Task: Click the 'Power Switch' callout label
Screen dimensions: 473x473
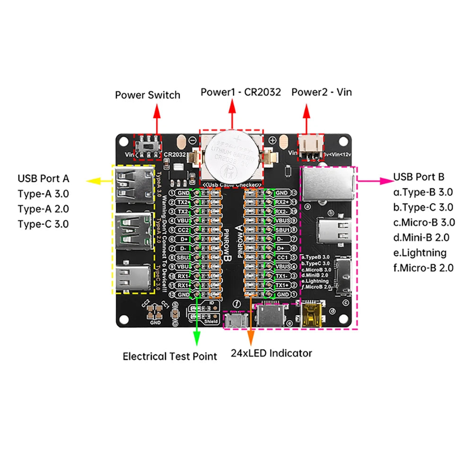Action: pyautogui.click(x=148, y=95)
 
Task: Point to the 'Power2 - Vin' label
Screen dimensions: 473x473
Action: pyautogui.click(x=322, y=92)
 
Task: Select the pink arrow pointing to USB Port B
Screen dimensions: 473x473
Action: pyautogui.click(x=373, y=180)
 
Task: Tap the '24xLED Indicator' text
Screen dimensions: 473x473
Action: pyautogui.click(x=272, y=353)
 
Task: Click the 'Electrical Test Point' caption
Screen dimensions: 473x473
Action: pyautogui.click(x=170, y=357)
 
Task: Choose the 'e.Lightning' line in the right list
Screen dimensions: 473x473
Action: pyautogui.click(x=420, y=253)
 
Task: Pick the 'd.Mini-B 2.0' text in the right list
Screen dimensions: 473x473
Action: pyautogui.click(x=421, y=237)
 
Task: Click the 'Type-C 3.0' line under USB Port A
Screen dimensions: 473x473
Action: pyautogui.click(x=43, y=223)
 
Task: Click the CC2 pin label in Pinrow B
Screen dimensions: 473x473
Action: pyautogui.click(x=183, y=230)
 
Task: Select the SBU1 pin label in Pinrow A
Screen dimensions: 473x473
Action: pyautogui.click(x=282, y=230)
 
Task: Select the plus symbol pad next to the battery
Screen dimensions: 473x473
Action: pyautogui.click(x=272, y=140)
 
